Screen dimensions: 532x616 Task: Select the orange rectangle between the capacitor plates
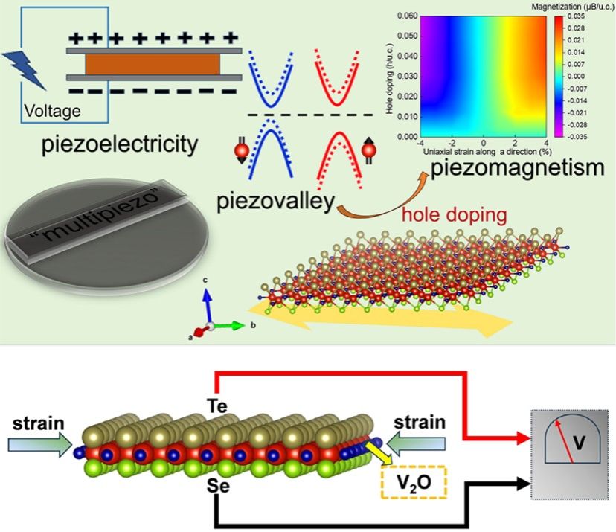click(152, 64)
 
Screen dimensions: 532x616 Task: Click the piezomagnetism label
click(518, 168)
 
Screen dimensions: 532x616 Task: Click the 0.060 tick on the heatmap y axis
click(402, 16)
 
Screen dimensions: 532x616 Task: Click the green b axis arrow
click(231, 325)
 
